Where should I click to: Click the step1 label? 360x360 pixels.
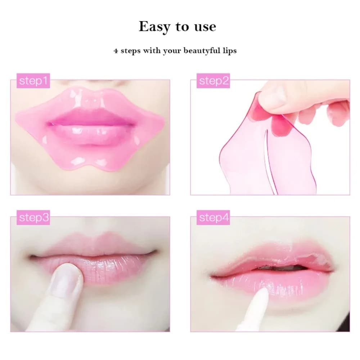[33, 81]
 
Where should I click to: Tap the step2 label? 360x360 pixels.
[214, 81]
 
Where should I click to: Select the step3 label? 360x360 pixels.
[33, 218]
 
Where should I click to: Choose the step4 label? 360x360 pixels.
[214, 218]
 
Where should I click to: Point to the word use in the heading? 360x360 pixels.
[204, 27]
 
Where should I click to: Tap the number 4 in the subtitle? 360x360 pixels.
[116, 51]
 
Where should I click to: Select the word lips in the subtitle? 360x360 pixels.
[229, 50]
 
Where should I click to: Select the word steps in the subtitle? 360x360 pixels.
[131, 50]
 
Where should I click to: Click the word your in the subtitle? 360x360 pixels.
[172, 51]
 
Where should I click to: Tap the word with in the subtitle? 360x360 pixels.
[152, 50]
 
